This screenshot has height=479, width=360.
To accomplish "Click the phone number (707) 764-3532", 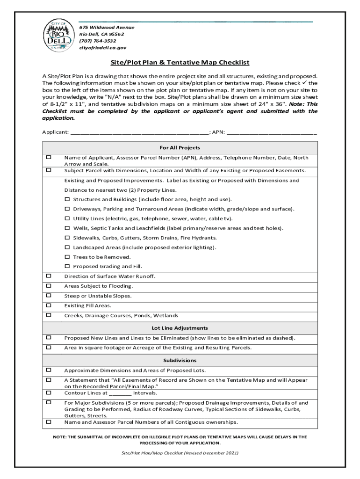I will [x=98, y=41].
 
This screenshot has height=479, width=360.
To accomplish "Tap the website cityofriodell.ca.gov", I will [x=102, y=48].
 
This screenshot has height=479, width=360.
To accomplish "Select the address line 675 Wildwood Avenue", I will [x=106, y=27].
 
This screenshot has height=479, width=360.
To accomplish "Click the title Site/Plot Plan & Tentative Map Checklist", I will [x=180, y=62].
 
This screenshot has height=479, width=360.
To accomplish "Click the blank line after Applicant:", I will [x=139, y=132].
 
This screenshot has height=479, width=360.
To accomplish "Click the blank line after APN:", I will [x=272, y=132].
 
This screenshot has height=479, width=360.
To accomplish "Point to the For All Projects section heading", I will [x=180, y=148].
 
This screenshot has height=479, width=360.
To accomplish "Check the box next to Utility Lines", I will [x=67, y=219].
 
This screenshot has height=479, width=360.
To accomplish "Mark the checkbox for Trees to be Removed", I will [x=67, y=257].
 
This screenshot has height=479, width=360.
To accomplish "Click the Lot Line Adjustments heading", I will [x=180, y=328].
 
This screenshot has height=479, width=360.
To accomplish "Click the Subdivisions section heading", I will [x=180, y=361].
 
